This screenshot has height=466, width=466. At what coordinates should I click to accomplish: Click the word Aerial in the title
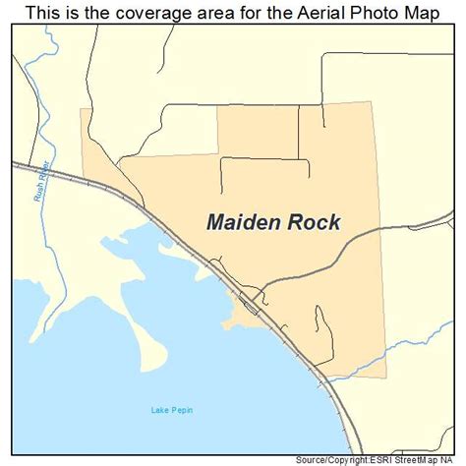point(297,14)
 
